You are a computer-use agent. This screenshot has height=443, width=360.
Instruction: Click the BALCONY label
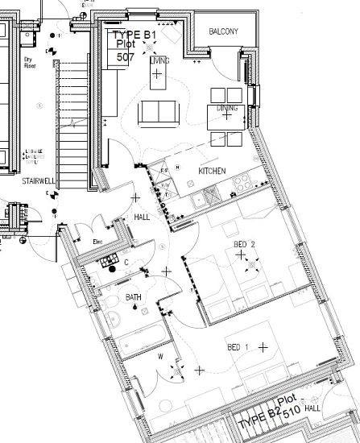pyautogui.click(x=223, y=31)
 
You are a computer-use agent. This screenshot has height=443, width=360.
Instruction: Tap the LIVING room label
pyautogui.click(x=159, y=60)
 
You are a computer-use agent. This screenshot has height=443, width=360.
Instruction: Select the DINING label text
pyautogui.click(x=226, y=107)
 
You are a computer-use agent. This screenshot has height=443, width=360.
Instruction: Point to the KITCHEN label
pyautogui.click(x=212, y=172)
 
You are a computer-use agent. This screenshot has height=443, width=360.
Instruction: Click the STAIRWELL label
pyautogui.click(x=38, y=181)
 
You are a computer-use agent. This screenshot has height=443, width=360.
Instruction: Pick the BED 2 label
pyautogui.click(x=244, y=244)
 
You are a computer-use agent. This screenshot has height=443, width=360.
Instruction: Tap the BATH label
pyautogui.click(x=133, y=298)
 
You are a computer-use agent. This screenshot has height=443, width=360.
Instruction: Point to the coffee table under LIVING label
pyautogui.click(x=157, y=77)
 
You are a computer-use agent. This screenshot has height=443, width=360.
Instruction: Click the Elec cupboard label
pyautogui.click(x=98, y=241)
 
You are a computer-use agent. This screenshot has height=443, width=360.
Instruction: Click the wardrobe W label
pyautogui.click(x=161, y=355)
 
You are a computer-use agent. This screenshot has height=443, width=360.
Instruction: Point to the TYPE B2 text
pyautogui.click(x=256, y=420)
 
